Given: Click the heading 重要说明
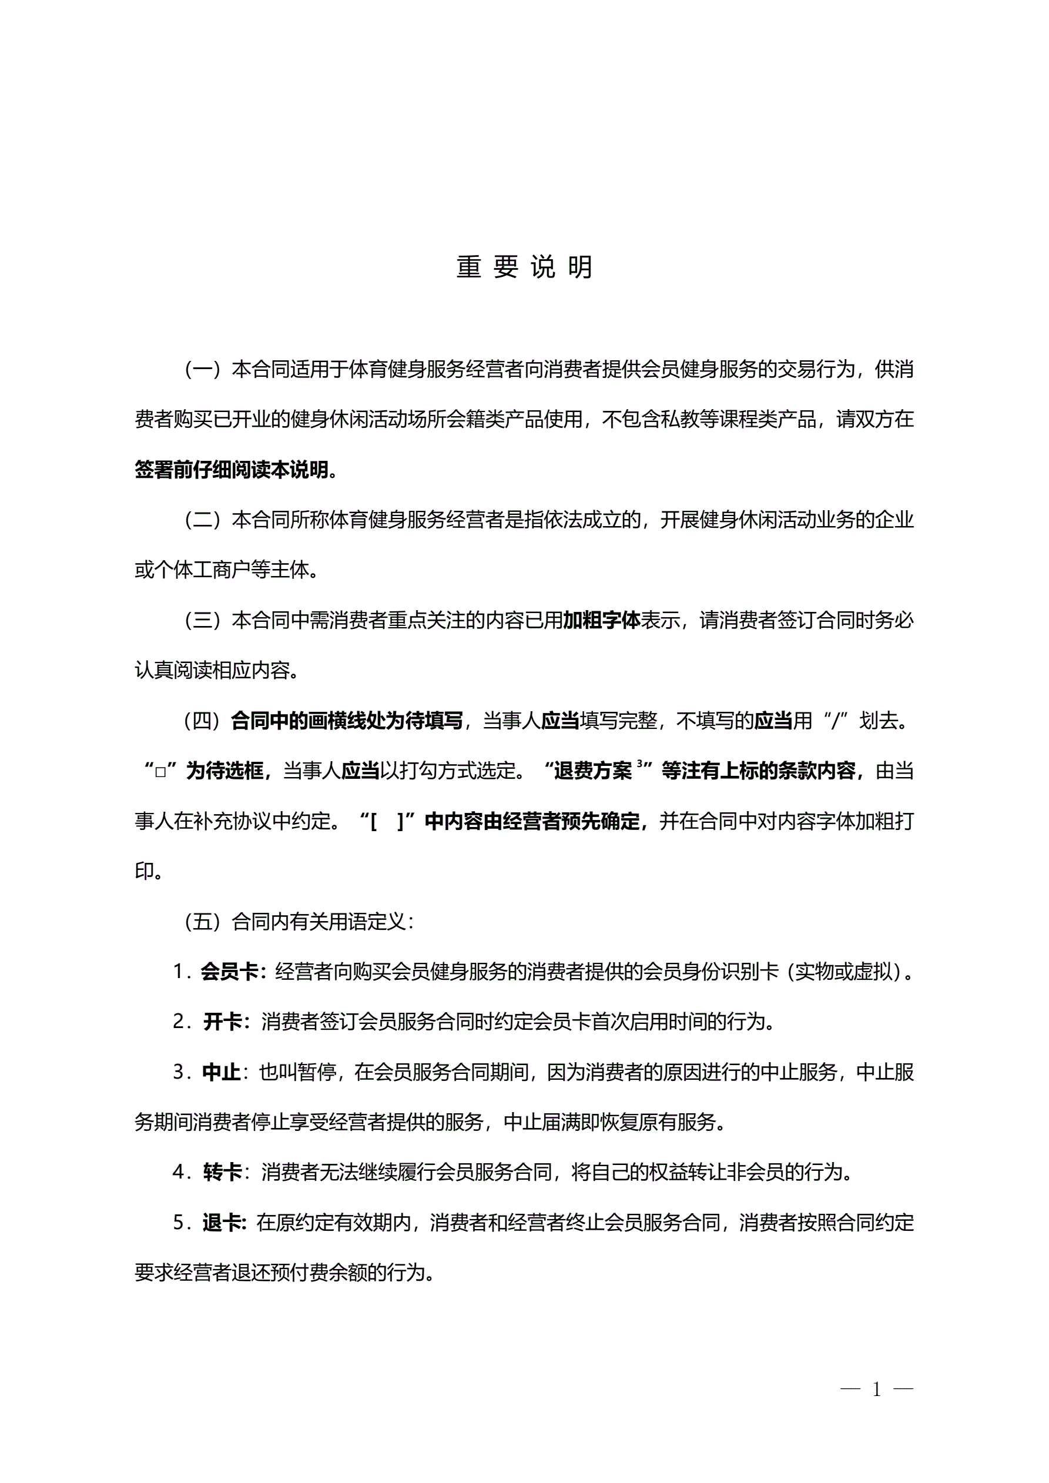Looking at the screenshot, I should click(524, 267).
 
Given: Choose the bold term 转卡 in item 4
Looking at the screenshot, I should click(222, 1171).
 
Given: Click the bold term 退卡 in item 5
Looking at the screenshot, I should click(222, 1222).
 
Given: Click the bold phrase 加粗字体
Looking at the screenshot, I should click(601, 620).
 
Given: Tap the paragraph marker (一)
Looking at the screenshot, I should click(203, 370).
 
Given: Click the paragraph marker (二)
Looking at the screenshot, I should click(203, 520).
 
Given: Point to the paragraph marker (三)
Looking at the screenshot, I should click(203, 620).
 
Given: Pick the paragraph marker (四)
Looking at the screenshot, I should click(203, 721).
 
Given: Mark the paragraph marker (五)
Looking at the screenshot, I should click(203, 922).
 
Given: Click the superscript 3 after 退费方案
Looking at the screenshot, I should click(639, 764).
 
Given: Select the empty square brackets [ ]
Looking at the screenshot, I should click(387, 822).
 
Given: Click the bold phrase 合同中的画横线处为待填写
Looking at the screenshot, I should click(347, 721).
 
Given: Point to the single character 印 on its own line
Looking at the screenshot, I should click(144, 871).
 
